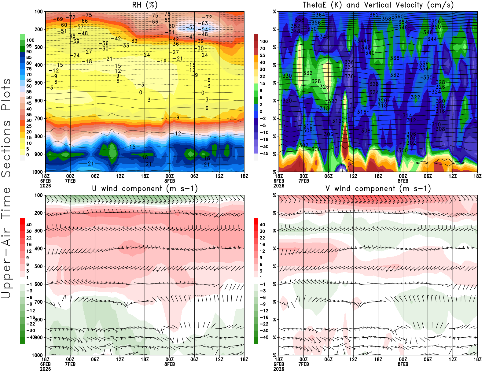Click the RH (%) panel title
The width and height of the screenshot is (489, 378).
[x=145, y=5]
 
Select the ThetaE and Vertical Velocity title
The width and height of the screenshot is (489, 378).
[x=378, y=5]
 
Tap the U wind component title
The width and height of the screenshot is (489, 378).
[x=145, y=188]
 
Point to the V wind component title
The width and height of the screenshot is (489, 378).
[x=378, y=188]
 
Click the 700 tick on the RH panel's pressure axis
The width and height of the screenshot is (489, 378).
[x=39, y=118]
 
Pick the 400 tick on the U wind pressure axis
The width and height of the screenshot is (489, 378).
[x=39, y=248]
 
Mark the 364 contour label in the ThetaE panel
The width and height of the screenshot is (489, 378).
[x=320, y=15]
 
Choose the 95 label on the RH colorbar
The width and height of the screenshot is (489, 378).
[x=29, y=46]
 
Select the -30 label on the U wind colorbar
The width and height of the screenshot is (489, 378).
[x=30, y=330]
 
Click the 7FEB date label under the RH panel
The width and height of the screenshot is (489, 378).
[x=70, y=181]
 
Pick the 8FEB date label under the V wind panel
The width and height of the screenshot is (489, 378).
[x=403, y=364]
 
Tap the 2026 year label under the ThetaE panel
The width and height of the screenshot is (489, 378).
[x=279, y=186]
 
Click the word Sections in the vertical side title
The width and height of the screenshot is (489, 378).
[x=6, y=148]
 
